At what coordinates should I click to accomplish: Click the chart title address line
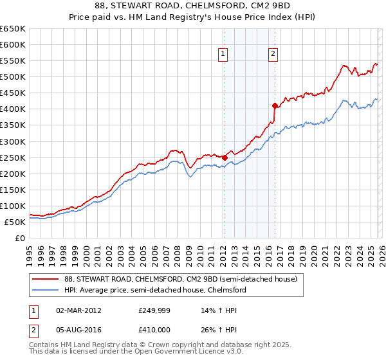tap(192, 6)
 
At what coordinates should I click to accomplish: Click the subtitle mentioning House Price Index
tap(192, 17)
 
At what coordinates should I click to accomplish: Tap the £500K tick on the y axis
tap(13, 77)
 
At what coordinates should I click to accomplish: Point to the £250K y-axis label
tap(13, 157)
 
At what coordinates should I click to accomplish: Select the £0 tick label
tap(20, 239)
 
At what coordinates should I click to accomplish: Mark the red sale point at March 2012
tap(225, 157)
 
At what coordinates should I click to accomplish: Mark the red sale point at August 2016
tap(275, 105)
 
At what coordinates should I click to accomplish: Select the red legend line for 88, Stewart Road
tap(44, 280)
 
